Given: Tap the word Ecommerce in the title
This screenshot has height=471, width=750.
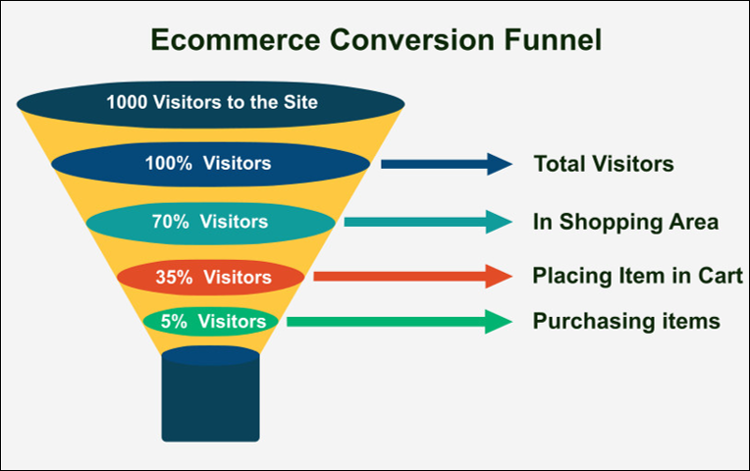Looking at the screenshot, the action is [236, 39].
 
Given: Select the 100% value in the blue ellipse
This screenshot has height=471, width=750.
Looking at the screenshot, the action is [169, 163].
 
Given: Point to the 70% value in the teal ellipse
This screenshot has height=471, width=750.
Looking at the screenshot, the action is [170, 222].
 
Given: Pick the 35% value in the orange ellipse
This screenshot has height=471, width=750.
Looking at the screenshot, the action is [174, 277].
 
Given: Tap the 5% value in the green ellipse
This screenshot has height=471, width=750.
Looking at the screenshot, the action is [174, 321].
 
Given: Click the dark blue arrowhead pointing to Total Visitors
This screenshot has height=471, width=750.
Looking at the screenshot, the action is [500, 164].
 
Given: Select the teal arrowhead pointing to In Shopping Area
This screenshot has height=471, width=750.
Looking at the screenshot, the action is [500, 222].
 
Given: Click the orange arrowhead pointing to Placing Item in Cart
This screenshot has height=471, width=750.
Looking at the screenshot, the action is [500, 277].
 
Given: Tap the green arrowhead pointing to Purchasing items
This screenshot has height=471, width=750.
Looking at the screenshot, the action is [499, 321].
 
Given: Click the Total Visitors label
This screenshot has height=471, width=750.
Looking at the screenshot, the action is [604, 164].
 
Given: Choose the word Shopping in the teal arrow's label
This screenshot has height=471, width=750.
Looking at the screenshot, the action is [611, 223].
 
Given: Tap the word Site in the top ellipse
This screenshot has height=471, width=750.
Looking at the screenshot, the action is [300, 102].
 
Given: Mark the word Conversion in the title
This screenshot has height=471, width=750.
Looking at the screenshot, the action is [412, 39].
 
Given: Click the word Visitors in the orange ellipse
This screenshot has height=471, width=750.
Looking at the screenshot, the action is [238, 277].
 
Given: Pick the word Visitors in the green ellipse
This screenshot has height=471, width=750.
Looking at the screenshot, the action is [232, 321].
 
